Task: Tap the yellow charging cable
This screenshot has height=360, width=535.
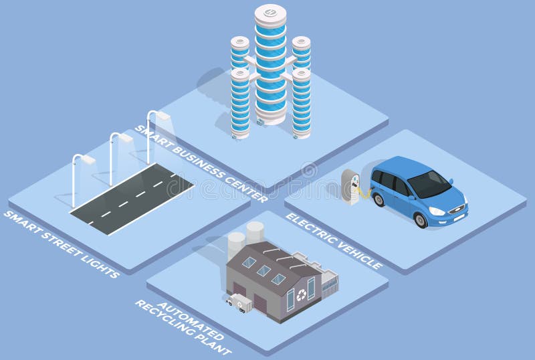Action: click(x=364, y=191)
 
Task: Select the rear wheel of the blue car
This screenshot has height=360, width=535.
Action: click(x=379, y=199)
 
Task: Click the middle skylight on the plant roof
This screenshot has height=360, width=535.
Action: click(x=263, y=270)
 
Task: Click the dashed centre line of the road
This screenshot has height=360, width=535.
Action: click(x=134, y=197)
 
